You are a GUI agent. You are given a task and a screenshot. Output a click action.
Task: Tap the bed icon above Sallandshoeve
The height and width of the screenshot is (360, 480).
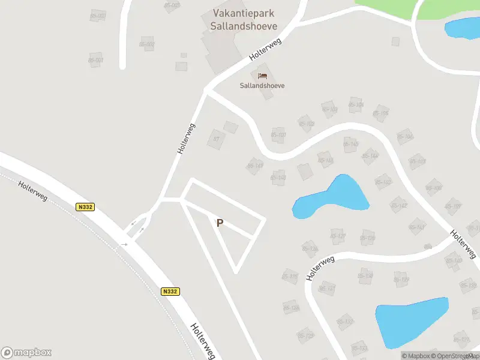(x=262, y=76)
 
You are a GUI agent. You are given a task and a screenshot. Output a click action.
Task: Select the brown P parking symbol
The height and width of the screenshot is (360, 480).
(x=220, y=223)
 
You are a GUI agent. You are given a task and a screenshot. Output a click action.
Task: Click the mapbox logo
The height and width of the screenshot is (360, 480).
(x=26, y=353)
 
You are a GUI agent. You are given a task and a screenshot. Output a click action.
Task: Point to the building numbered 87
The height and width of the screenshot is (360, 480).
(x=216, y=139)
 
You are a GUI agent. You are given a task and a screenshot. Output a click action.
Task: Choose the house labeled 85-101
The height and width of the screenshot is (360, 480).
(x=278, y=135)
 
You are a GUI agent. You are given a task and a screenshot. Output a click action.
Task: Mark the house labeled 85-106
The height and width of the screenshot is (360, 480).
(x=380, y=113)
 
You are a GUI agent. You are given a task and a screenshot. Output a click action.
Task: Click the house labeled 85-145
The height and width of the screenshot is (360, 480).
(x=350, y=144)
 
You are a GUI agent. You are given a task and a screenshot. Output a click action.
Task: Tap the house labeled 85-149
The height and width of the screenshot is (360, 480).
(x=255, y=166)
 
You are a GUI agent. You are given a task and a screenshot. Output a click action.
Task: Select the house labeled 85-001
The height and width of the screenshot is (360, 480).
(x=95, y=60)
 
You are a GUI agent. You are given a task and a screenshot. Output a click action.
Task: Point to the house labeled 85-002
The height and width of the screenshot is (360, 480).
(x=147, y=44)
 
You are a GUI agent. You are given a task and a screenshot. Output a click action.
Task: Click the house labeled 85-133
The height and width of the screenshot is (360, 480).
(x=359, y=347)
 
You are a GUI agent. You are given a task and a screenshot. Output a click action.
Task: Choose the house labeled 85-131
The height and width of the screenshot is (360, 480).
(x=327, y=289)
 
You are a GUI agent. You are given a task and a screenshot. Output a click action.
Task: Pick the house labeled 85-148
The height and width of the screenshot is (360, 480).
(x=278, y=178)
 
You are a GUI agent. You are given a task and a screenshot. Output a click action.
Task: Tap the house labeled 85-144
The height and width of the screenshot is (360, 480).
(x=370, y=156)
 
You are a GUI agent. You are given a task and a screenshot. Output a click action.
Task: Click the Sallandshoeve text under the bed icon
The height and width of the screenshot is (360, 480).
(x=262, y=86)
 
